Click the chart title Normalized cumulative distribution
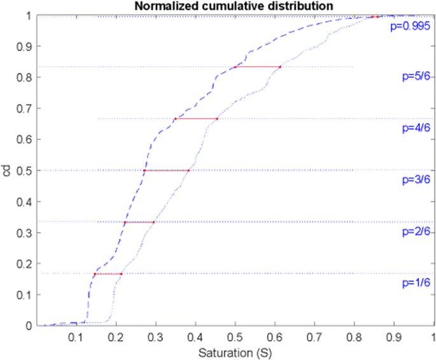pyautogui.click(x=234, y=6)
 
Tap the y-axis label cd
pyautogui.click(x=6, y=171)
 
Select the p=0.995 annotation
pyautogui.click(x=410, y=27)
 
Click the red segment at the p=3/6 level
pyautogui.click(x=166, y=170)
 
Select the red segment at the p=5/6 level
pyautogui.click(x=257, y=66)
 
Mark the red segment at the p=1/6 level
pyautogui.click(x=108, y=273)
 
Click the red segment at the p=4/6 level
pyautogui.click(x=196, y=118)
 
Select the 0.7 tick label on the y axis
pyautogui.click(x=24, y=109)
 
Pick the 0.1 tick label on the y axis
pyautogui.click(x=24, y=295)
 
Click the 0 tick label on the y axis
pyautogui.click(x=28, y=326)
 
